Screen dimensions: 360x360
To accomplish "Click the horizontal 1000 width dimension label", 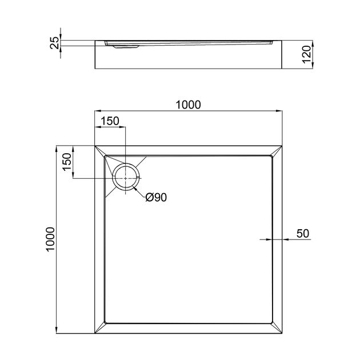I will [x=188, y=104].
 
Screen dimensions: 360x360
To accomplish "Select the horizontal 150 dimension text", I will [x=110, y=121].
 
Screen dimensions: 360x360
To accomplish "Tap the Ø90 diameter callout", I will [x=156, y=198].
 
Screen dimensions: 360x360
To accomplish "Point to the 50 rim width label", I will [x=303, y=233].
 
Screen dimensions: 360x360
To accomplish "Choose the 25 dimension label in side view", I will [x=55, y=43].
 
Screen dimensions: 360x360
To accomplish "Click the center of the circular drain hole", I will [x=125, y=177].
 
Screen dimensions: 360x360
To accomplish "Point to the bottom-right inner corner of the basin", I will [x=273, y=323].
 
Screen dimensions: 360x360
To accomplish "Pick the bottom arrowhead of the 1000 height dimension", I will [x=57, y=331].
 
